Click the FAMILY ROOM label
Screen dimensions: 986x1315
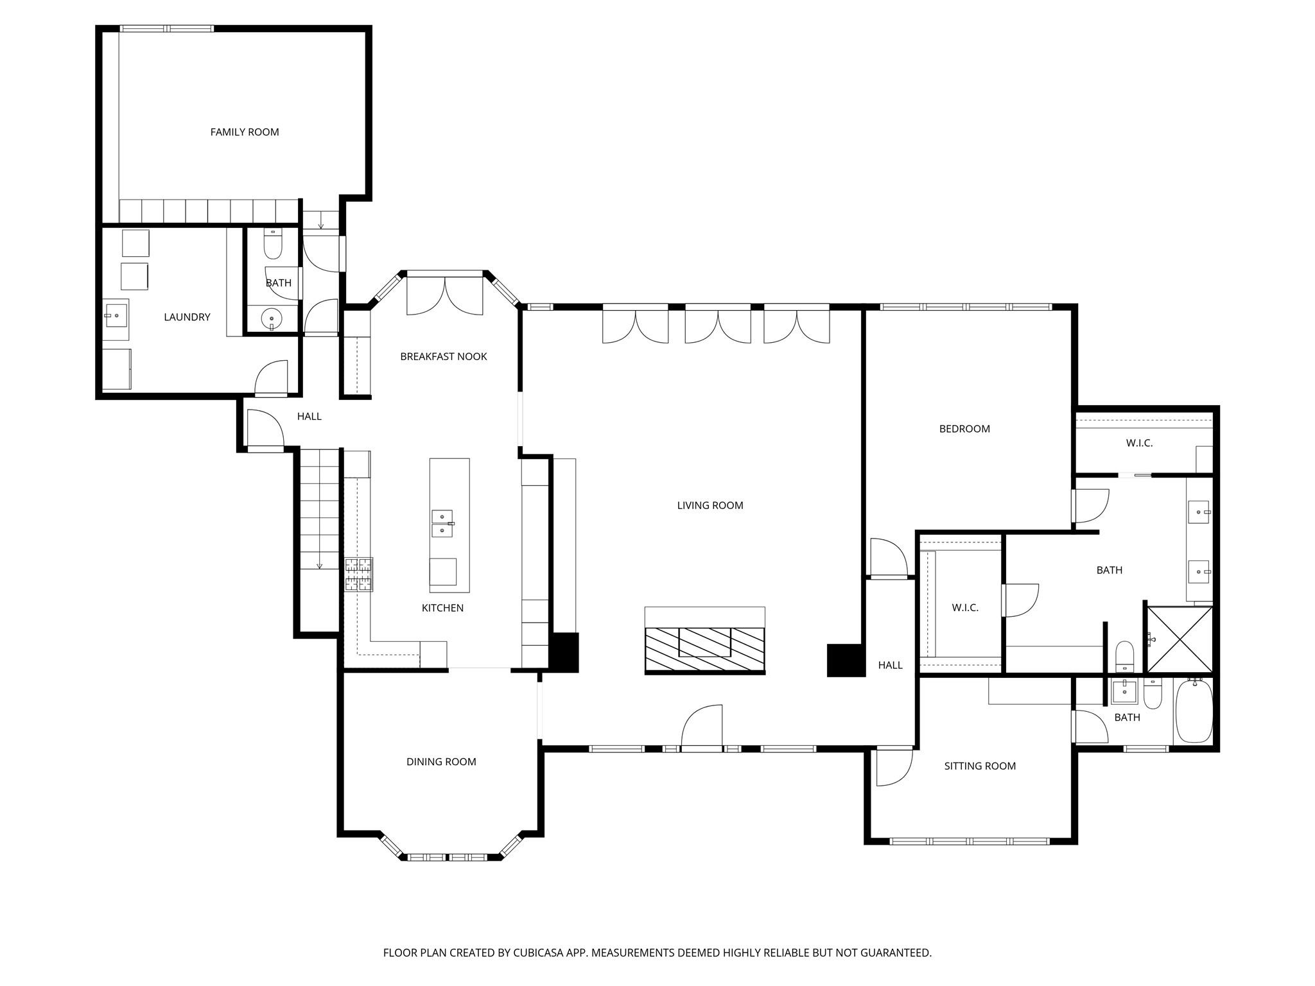245,132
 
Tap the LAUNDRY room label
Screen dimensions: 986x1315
187,317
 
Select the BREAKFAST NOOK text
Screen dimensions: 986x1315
443,357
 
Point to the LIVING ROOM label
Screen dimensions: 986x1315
710,506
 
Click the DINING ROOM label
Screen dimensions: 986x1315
441,762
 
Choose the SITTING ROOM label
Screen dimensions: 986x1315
980,766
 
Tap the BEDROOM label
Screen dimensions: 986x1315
964,429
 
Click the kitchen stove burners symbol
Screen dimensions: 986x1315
358,575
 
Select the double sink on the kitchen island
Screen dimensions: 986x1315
442,524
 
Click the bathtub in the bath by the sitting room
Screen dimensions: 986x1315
1194,712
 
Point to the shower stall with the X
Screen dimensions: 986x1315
1180,639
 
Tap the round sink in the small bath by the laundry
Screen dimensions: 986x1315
272,318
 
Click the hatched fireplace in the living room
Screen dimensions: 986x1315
704,649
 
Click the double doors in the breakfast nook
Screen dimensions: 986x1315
444,295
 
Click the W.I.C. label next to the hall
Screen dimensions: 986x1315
964,608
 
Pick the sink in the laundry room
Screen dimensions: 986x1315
116,316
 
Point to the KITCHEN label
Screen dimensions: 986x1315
442,608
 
